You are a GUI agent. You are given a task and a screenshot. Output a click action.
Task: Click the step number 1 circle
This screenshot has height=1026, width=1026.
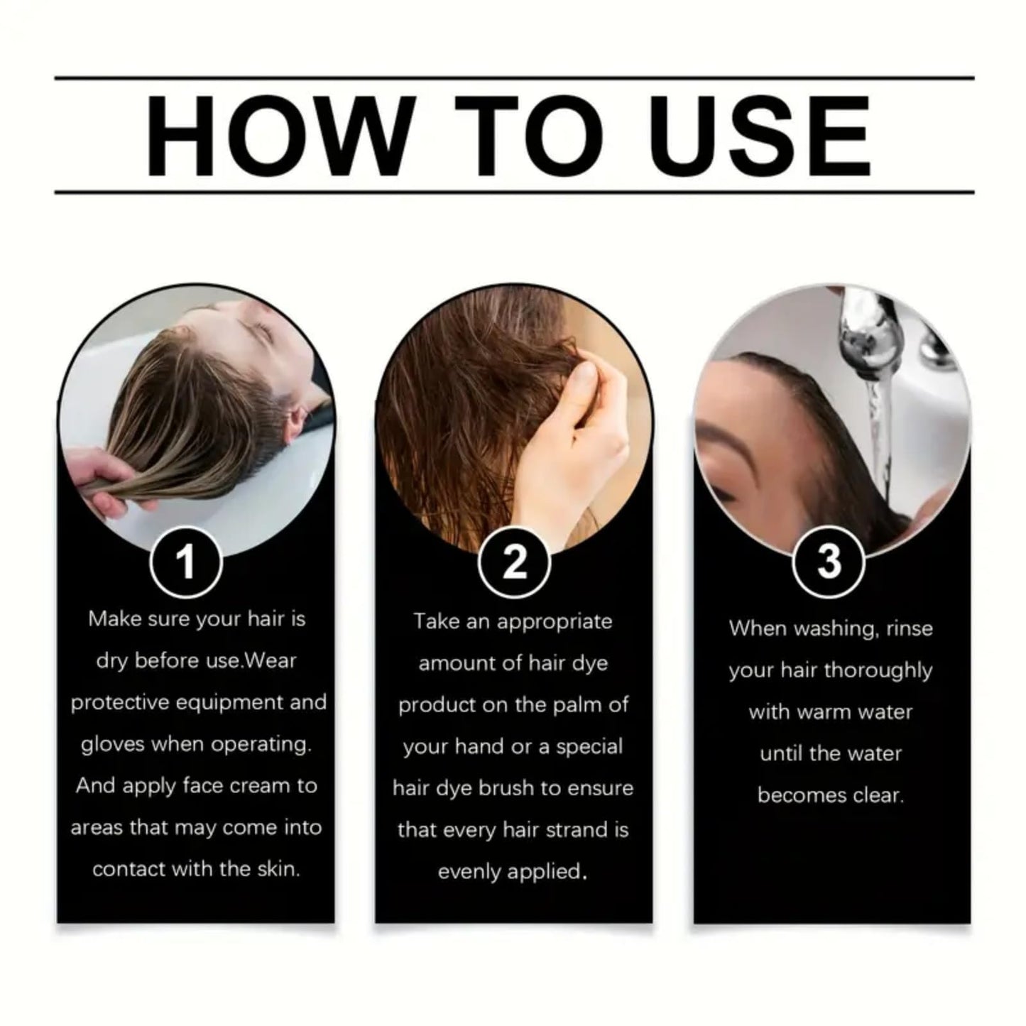tap(186, 562)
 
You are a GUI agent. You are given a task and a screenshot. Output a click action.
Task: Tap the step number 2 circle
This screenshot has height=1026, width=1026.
tap(514, 562)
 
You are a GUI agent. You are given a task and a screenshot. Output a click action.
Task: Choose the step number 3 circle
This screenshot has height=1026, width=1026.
tap(828, 562)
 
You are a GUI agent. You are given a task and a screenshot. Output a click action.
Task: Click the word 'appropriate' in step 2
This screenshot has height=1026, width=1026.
tap(554, 622)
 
